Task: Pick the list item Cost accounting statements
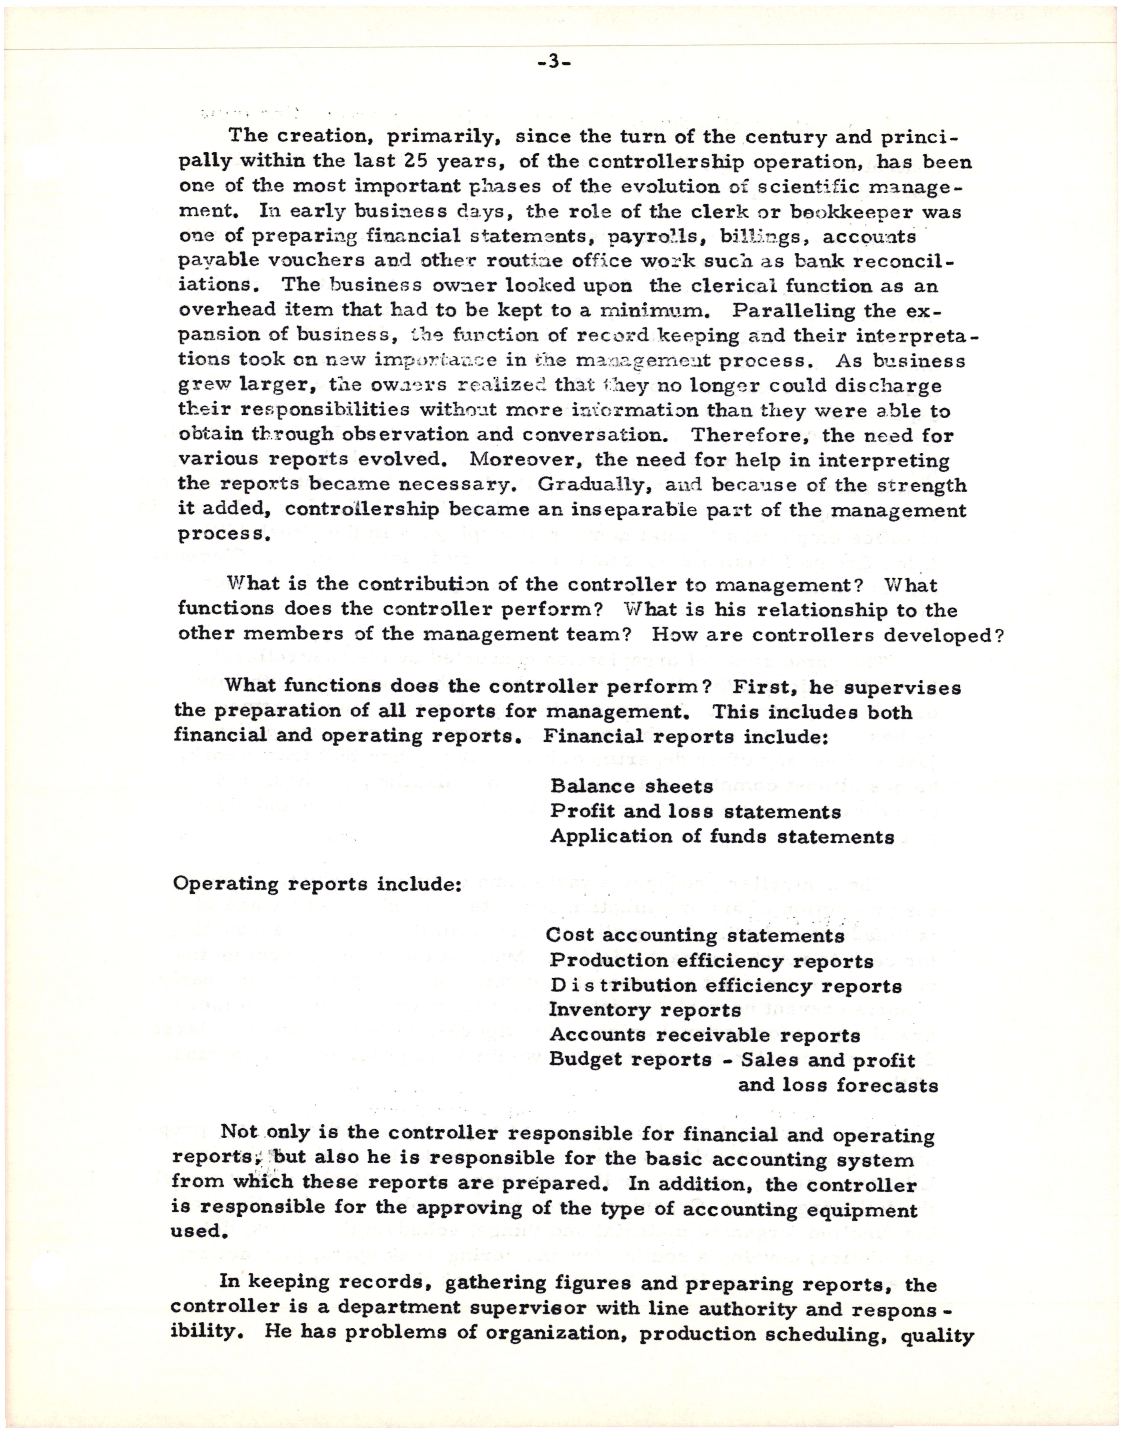(695, 936)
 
